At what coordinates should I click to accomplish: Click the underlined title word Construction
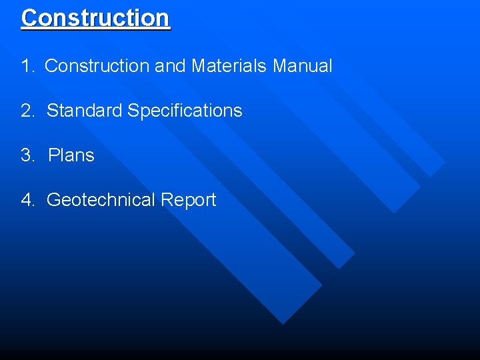[95, 18]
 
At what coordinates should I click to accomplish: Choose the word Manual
[303, 66]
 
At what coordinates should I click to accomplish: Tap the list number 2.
[27, 111]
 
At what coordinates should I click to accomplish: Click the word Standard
[84, 111]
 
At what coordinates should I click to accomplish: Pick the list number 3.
[27, 155]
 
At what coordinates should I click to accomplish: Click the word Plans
[71, 155]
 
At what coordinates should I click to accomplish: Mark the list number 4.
[27, 200]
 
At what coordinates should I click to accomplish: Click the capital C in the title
[29, 18]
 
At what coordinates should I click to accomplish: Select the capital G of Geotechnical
[53, 200]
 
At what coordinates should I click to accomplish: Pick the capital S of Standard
[52, 111]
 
